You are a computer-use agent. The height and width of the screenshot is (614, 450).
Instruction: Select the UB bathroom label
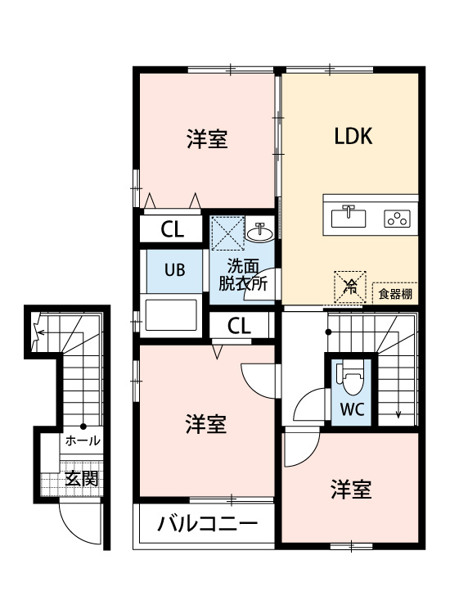click(x=174, y=269)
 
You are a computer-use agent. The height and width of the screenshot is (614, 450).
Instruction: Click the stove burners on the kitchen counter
click(x=398, y=218)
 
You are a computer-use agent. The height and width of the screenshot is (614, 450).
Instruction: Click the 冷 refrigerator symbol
click(x=349, y=286)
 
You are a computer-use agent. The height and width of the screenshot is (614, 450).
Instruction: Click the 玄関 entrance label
click(x=82, y=477)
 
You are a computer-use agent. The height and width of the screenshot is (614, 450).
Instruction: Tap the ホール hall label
click(x=83, y=440)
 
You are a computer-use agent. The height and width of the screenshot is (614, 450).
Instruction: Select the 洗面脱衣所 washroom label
click(x=243, y=275)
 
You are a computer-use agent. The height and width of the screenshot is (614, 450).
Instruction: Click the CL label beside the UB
click(x=172, y=228)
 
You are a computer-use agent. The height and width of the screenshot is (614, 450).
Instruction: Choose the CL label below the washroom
click(x=239, y=325)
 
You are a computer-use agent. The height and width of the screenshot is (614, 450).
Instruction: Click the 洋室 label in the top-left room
click(x=206, y=139)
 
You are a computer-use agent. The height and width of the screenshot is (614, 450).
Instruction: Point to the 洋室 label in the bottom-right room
click(x=351, y=490)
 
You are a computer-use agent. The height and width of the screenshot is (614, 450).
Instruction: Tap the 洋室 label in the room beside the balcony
click(x=205, y=425)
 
